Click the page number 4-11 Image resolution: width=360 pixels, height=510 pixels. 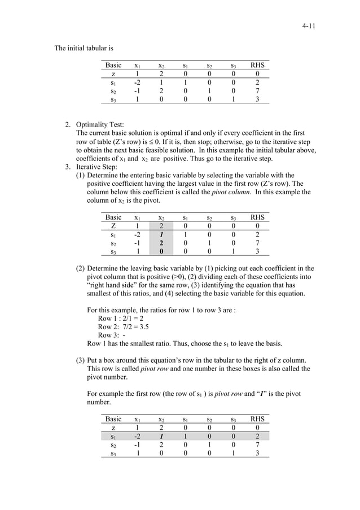point(308,26)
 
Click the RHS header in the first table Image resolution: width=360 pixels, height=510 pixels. point(257,66)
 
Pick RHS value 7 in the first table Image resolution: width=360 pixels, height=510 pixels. point(257,91)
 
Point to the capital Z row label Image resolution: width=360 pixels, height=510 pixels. point(113,226)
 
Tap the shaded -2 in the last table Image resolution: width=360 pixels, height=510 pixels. point(137,436)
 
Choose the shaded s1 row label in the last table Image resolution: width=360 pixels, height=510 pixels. point(113,436)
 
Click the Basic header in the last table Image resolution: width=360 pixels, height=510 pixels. point(113,419)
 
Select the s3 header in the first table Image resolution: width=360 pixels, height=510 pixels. point(233,66)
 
